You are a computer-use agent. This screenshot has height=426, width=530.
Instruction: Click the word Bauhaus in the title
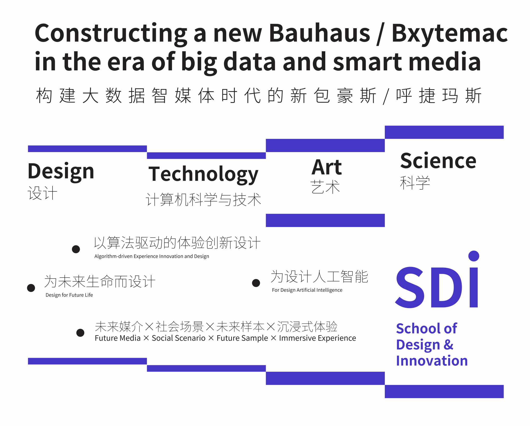coord(320,33)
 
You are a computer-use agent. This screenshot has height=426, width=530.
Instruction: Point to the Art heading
coord(327,167)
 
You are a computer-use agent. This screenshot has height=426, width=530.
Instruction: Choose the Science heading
coord(438,161)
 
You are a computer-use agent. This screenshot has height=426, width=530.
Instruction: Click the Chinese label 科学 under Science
coord(415,183)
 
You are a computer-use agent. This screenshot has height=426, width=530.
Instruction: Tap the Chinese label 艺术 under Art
coord(325,187)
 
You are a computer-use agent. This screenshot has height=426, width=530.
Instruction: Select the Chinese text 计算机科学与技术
coord(203,200)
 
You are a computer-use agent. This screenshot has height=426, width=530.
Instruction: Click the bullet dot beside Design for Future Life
coord(31,288)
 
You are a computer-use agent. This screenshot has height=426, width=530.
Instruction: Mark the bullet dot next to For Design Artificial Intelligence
coord(256,283)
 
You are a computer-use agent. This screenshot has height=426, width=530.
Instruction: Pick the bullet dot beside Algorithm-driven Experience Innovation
coord(76,249)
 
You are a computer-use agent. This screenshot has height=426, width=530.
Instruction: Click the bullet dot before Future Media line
coord(80,333)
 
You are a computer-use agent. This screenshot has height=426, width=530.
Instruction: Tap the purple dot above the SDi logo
coord(474,256)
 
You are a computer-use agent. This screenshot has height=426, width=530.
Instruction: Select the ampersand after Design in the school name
coord(449,345)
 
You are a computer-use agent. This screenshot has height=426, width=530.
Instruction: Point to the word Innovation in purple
coord(432,361)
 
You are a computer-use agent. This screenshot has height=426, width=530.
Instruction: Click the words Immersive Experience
coord(318,338)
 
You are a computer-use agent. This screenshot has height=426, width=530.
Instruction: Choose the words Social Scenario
coord(179,338)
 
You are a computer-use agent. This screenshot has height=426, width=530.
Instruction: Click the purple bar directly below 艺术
coord(325,220)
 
